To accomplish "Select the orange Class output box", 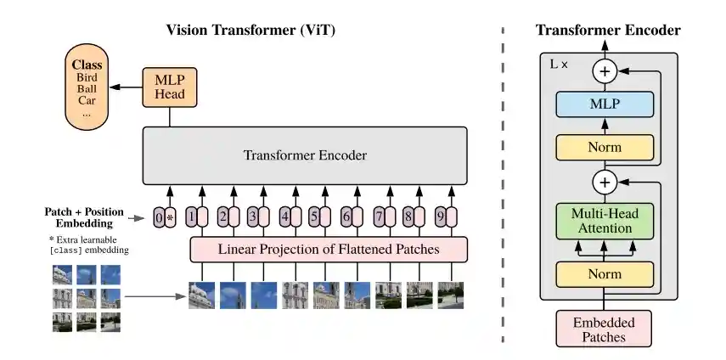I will (x=87, y=87).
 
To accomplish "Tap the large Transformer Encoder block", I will (x=305, y=155).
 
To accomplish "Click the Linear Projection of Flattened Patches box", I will (x=329, y=249).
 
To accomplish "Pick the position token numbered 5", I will (x=314, y=217).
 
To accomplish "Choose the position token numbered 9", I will (x=439, y=217).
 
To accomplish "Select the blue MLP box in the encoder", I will (x=605, y=105).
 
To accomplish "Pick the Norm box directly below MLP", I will (x=605, y=147).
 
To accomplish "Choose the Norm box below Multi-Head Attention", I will (x=605, y=273).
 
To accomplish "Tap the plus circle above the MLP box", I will (x=605, y=70).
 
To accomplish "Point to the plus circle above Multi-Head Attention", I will (x=605, y=182).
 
